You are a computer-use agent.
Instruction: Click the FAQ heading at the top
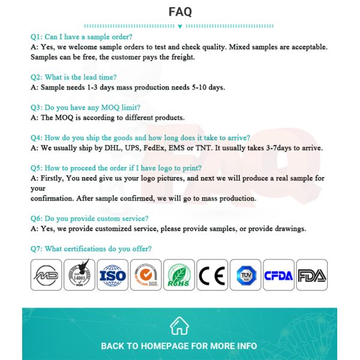tap(180, 12)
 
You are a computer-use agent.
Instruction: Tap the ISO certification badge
tap(113, 275)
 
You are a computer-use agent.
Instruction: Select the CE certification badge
tap(212, 275)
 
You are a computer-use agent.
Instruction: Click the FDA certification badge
tap(312, 275)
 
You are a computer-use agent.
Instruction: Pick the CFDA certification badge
tap(278, 275)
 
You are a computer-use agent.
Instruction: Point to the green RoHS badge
tap(179, 275)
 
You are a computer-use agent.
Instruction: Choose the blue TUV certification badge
tap(245, 275)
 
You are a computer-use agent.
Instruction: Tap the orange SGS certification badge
tap(146, 275)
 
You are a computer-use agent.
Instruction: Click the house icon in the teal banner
tap(179, 326)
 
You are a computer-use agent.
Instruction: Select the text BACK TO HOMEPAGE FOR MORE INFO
tap(179, 346)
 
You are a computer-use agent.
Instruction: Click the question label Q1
tap(36, 37)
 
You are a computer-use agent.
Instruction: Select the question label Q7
tap(36, 249)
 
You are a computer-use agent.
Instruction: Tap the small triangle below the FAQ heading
tap(180, 26)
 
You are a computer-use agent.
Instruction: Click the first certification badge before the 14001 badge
tap(46, 275)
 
